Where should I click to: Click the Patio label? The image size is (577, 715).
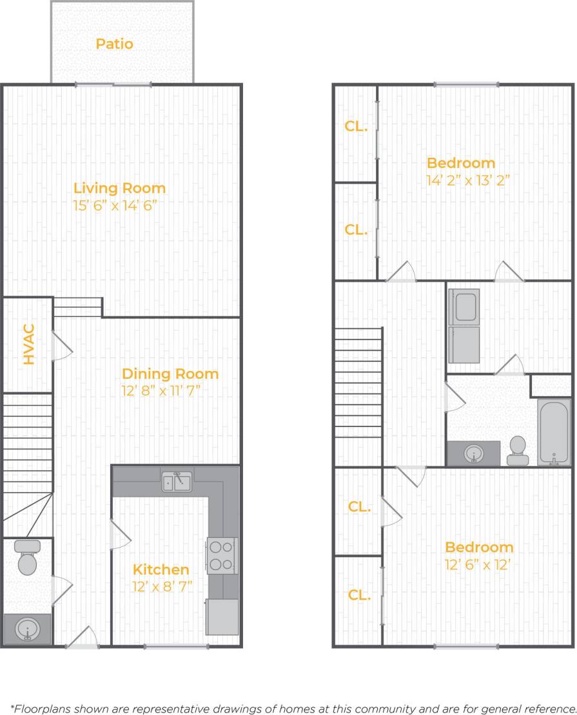click(x=115, y=44)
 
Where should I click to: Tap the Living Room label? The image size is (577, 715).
click(x=119, y=188)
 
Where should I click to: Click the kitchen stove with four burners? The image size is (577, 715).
click(x=221, y=555)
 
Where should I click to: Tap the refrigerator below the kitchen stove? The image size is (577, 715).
click(x=222, y=616)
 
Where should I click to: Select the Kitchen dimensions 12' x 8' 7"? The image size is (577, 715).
click(x=161, y=587)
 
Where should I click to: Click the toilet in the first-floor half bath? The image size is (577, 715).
click(x=27, y=558)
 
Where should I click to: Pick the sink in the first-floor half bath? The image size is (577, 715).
click(x=28, y=628)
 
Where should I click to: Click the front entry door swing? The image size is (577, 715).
click(x=83, y=637)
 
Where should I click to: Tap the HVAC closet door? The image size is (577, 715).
click(x=62, y=347)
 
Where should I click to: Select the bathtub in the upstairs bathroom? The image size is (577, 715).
click(x=554, y=432)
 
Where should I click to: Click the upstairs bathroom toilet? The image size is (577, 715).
click(x=517, y=450)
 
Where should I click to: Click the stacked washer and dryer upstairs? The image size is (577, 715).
click(x=464, y=327)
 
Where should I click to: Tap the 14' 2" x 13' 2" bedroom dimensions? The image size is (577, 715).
click(x=468, y=180)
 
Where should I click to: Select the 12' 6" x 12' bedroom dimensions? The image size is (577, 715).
click(x=479, y=565)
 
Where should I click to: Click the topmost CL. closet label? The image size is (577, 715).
click(x=356, y=126)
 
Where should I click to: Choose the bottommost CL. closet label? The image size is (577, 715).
click(x=359, y=595)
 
